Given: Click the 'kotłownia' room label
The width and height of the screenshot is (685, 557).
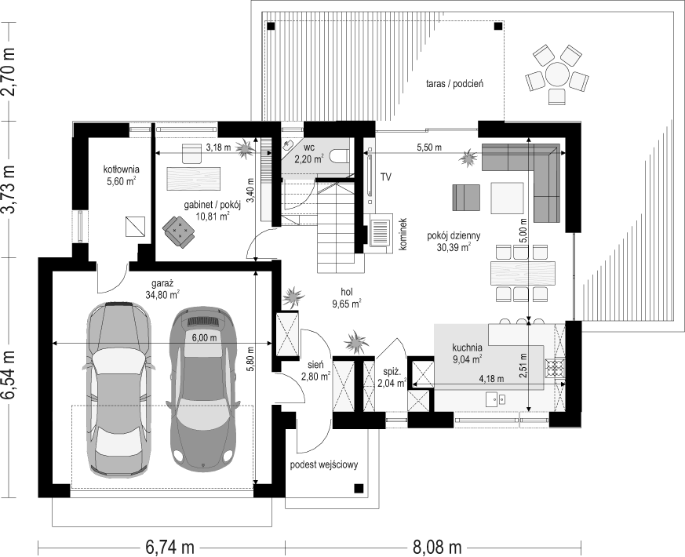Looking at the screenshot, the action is pyautogui.click(x=122, y=169).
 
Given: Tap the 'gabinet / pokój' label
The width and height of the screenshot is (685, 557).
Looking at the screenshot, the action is pyautogui.click(x=206, y=206).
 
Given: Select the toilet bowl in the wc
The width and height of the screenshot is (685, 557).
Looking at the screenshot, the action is pyautogui.click(x=340, y=156).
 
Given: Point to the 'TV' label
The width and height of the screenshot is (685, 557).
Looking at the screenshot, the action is pyautogui.click(x=385, y=177).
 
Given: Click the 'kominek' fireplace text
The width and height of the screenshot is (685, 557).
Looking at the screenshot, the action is pyautogui.click(x=403, y=234).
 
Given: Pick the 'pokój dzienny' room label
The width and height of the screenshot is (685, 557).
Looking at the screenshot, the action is pyautogui.click(x=454, y=236).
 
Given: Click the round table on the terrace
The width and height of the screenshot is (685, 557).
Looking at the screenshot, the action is pyautogui.click(x=556, y=75).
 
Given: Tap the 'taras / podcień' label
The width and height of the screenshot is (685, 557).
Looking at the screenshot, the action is pyautogui.click(x=455, y=83).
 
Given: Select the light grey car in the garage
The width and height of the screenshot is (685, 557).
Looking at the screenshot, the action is pyautogui.click(x=118, y=389).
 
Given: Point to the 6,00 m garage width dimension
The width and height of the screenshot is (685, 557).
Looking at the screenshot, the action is pyautogui.click(x=205, y=337).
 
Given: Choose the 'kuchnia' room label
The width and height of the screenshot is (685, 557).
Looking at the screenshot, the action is pyautogui.click(x=468, y=348).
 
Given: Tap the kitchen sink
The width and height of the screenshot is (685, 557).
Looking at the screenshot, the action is pyautogui.click(x=496, y=399).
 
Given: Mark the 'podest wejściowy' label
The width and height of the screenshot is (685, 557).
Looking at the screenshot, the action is pyautogui.click(x=324, y=464).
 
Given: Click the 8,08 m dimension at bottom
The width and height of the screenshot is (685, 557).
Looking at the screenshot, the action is pyautogui.click(x=437, y=547).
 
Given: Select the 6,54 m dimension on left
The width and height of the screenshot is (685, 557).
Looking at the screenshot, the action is pyautogui.click(x=9, y=375).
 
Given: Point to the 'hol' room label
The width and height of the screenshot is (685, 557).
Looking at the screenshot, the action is pyautogui.click(x=348, y=292).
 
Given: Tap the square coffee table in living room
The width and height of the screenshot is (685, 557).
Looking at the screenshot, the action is pyautogui.click(x=507, y=198).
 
